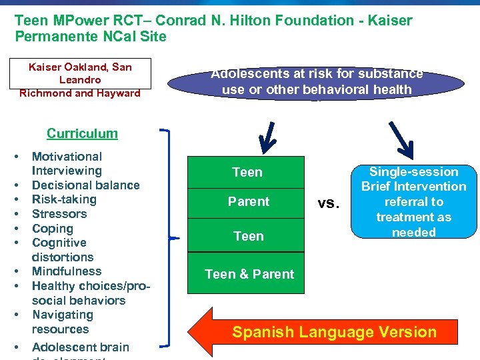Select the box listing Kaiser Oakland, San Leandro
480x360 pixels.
coord(80,80)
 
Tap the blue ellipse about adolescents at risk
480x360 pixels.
coord(316,82)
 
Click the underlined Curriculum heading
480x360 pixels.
coord(82,133)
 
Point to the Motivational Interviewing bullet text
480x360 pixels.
coord(67,163)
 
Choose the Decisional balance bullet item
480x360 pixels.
coord(85,185)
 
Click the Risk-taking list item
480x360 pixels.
coord(64,199)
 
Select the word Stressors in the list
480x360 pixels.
coord(59,214)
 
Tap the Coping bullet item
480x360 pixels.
coord(53,228)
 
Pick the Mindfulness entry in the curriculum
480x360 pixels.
coord(67,271)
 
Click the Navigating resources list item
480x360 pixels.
coord(62,322)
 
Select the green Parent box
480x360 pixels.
coord(248,201)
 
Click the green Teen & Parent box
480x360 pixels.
coord(249,274)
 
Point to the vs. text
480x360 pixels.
coord(328,203)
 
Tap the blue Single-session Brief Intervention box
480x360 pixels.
coord(413,202)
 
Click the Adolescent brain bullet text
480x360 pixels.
coord(80,347)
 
